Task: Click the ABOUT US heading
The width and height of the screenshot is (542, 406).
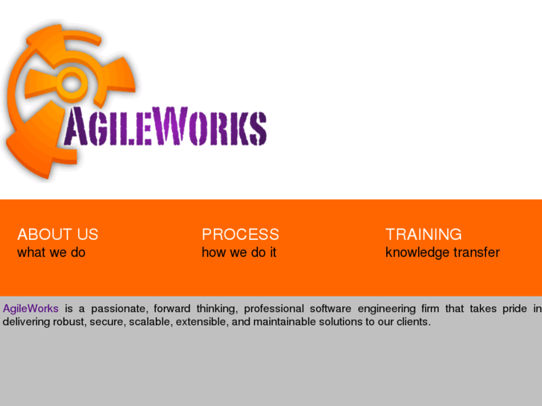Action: pyautogui.click(x=57, y=235)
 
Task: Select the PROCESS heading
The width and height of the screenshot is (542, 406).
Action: pyautogui.click(x=240, y=235)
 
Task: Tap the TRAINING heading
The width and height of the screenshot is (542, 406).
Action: pyautogui.click(x=423, y=235)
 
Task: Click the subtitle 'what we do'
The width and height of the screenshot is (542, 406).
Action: pyautogui.click(x=51, y=253)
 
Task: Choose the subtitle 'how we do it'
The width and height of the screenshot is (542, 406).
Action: pyautogui.click(x=239, y=253)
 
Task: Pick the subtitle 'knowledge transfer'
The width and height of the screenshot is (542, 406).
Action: pyautogui.click(x=442, y=253)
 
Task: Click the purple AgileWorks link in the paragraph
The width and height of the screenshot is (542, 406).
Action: pyautogui.click(x=31, y=308)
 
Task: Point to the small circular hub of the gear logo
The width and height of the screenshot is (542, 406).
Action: pyautogui.click(x=71, y=83)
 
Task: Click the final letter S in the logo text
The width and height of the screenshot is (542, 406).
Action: pyautogui.click(x=256, y=128)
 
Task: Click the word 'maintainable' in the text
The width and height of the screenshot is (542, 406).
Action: pyautogui.click(x=285, y=323)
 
